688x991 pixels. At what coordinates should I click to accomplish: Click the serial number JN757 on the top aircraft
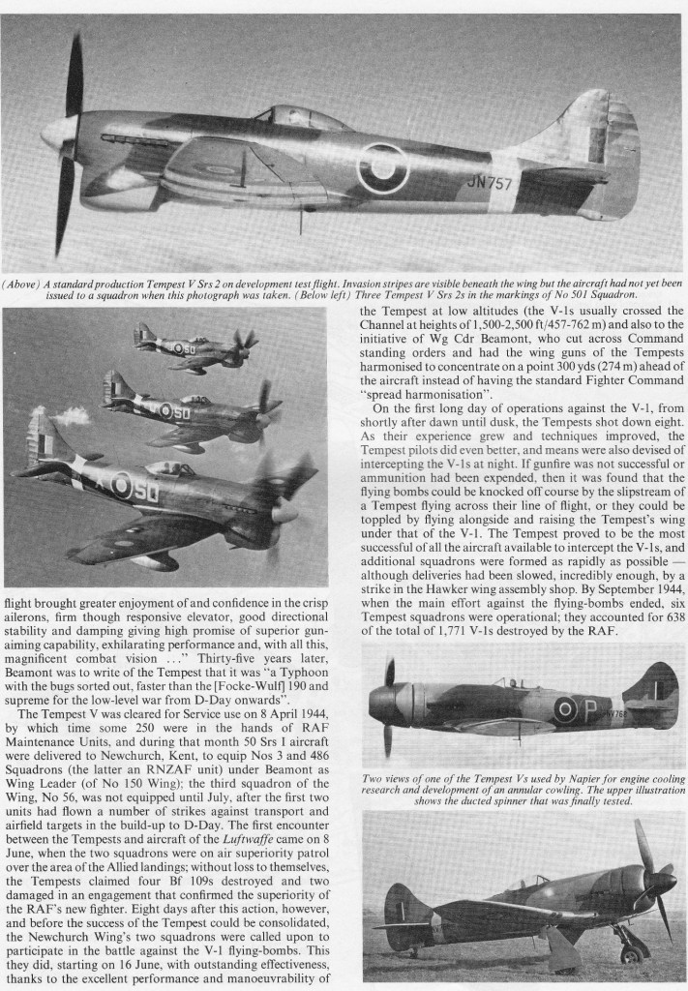point(490,182)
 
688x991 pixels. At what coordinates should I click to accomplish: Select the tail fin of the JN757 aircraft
point(595,140)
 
